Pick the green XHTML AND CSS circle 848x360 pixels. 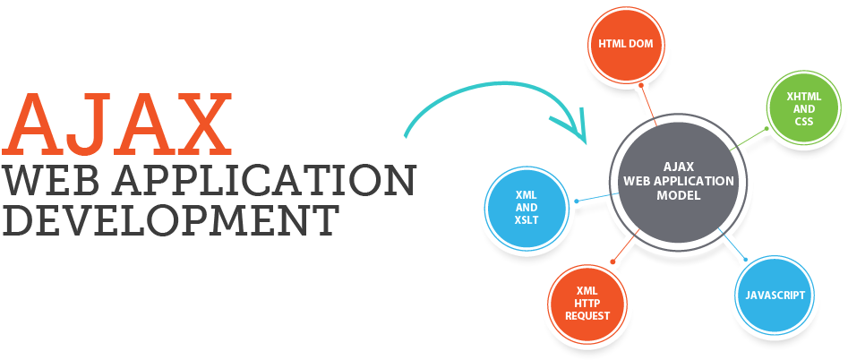click(803, 108)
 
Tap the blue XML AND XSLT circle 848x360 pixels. click(526, 207)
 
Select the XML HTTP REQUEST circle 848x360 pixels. click(587, 303)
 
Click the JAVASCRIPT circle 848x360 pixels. click(775, 295)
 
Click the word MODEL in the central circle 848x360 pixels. click(678, 194)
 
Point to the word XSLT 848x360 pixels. click(527, 220)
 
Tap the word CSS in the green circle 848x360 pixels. click(803, 122)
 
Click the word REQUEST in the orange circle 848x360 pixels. click(587, 316)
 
